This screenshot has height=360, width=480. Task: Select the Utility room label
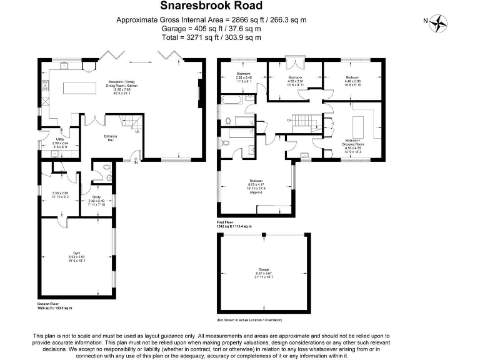61,143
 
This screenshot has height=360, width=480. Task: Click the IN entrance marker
136,162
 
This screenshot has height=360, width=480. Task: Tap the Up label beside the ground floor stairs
137,131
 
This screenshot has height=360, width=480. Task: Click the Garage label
263,272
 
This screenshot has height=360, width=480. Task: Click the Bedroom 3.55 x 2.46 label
243,77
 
